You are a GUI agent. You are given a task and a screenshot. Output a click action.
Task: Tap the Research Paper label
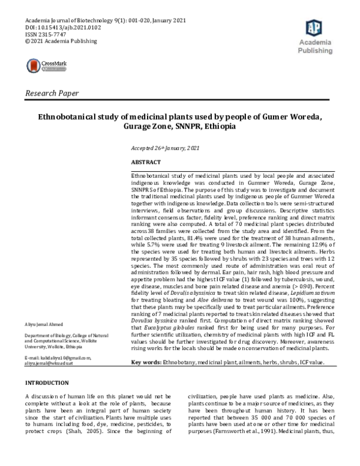tap(52, 93)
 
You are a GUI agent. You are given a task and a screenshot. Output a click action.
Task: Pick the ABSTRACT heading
tap(146, 163)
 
